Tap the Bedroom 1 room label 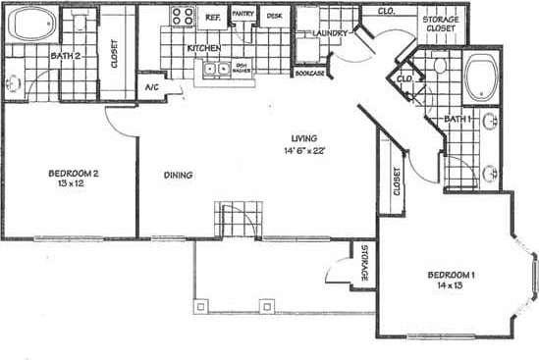451,274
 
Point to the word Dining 178,176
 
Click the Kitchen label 203,48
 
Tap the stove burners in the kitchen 183,16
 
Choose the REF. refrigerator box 212,18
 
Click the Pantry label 243,15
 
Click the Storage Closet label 441,25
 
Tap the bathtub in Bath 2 31,26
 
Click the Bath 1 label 458,119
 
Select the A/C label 153,88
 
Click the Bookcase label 309,74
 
